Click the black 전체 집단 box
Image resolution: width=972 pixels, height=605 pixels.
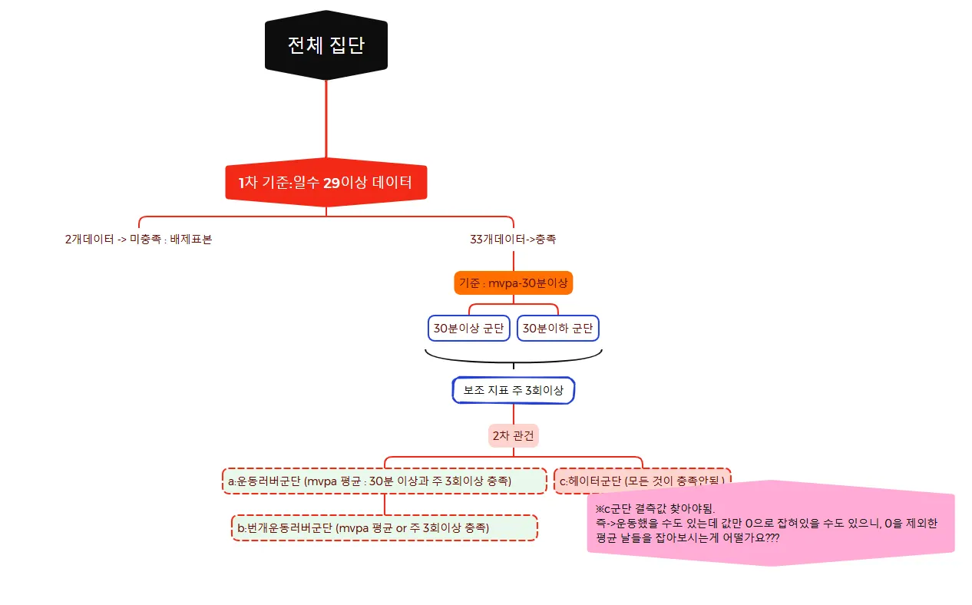coord(326,45)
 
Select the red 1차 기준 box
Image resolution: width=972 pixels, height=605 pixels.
coord(326,183)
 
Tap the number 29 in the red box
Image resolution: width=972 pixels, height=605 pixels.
coord(331,183)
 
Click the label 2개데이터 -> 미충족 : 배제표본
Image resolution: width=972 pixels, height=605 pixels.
coord(138,239)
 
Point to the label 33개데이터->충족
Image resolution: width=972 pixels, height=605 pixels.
coord(513,239)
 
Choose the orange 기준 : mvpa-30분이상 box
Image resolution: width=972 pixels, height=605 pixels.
coord(513,283)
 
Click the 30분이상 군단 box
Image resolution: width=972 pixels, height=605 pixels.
coord(468,329)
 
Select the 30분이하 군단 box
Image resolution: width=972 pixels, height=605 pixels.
coord(558,329)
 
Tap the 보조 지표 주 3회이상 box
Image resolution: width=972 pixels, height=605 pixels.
coord(513,390)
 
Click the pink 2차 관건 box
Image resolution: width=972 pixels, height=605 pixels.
coord(513,435)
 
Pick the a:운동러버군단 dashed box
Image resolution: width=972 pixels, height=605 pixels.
coord(384,481)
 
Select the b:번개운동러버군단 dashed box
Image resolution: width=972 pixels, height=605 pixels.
coord(384,527)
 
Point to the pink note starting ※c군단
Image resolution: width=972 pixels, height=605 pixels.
coord(770,524)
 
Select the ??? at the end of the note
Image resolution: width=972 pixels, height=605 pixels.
coord(772,537)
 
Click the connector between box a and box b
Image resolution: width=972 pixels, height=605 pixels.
coord(384,504)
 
